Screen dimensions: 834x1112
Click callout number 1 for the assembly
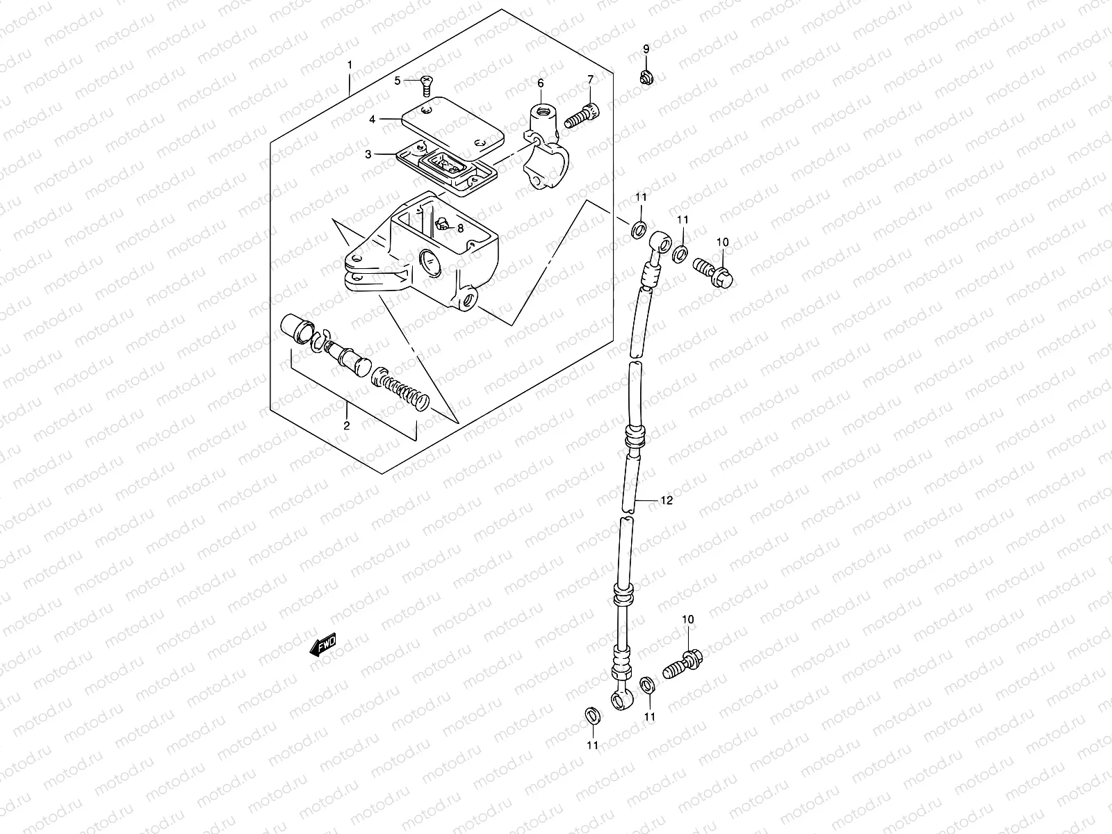click(350, 65)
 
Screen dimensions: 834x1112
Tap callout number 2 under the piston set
click(346, 425)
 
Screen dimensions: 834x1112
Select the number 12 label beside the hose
click(667, 500)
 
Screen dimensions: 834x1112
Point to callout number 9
click(646, 49)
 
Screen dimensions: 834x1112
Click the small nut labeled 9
click(646, 76)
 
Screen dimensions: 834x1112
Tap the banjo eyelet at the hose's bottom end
click(621, 697)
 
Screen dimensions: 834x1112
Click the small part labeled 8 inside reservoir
click(441, 224)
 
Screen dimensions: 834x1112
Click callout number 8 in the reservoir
click(459, 227)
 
